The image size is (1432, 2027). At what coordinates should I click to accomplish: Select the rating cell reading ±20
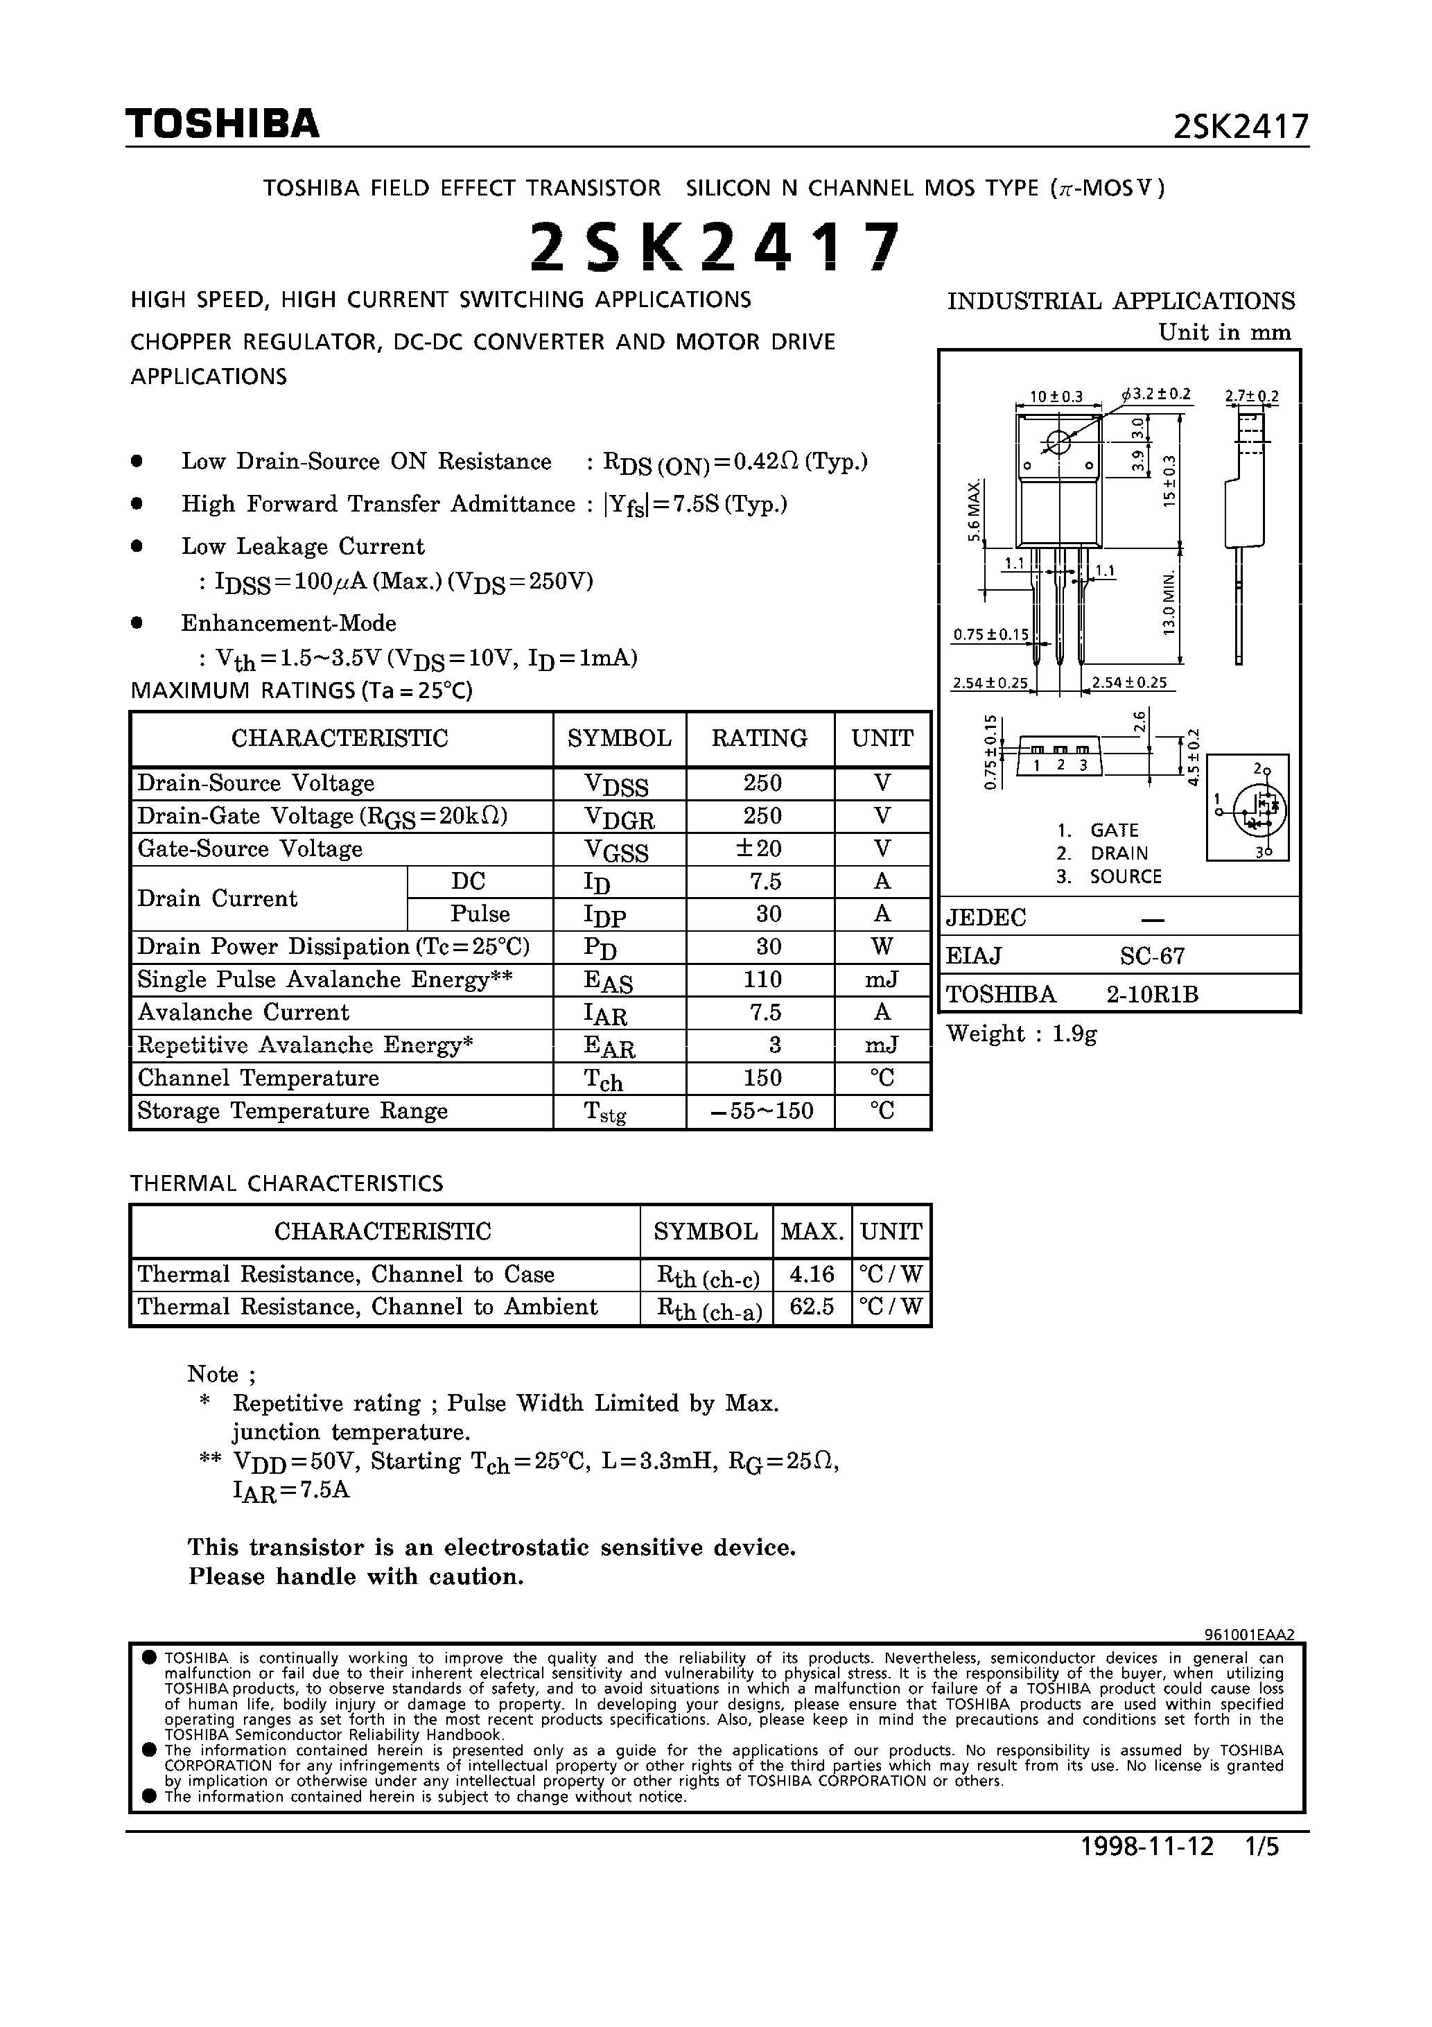coord(761,849)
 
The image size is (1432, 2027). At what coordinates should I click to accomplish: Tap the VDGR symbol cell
coord(619,817)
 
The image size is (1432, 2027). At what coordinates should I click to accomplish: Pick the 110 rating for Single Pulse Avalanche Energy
coord(762,979)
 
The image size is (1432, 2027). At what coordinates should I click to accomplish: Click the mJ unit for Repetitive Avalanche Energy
coord(881,1045)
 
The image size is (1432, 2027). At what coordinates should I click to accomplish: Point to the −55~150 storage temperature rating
coord(762,1111)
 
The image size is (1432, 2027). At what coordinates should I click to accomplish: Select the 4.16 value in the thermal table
coord(812,1274)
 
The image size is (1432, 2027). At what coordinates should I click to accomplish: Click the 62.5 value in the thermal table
coord(812,1307)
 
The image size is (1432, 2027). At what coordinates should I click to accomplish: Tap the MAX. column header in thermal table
coord(812,1230)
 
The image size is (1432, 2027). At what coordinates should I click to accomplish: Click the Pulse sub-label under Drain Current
coord(480,914)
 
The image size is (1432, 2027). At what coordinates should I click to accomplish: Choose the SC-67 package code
coord(1152,955)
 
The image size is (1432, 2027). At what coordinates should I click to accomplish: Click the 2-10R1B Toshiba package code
coord(1152,994)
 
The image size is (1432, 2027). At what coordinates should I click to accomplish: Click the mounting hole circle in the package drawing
coord(1058,442)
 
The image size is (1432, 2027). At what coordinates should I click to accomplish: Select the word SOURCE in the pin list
coord(1126,877)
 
